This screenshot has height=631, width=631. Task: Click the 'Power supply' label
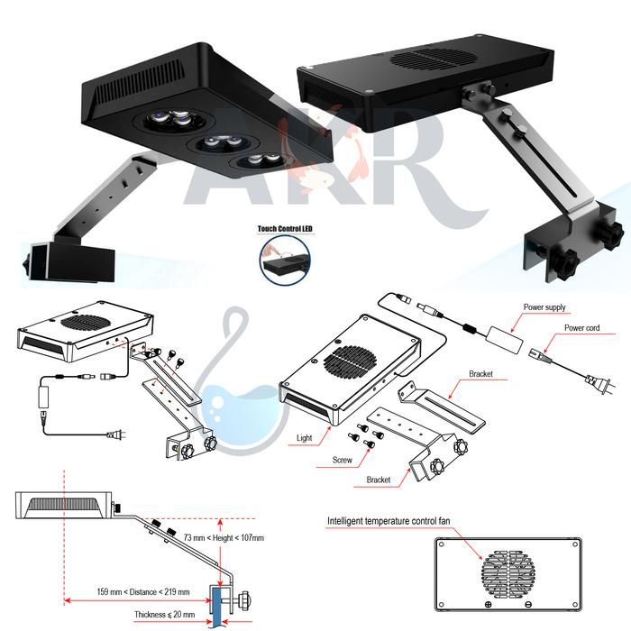pos(544,307)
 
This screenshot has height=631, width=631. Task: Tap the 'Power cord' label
pos(581,329)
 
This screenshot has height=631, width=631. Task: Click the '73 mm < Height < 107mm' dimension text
pos(224,538)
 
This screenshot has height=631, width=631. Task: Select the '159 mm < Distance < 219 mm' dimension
pos(143,592)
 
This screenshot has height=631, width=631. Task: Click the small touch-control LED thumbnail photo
pos(284,260)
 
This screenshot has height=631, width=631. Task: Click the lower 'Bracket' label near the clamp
pos(379,480)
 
